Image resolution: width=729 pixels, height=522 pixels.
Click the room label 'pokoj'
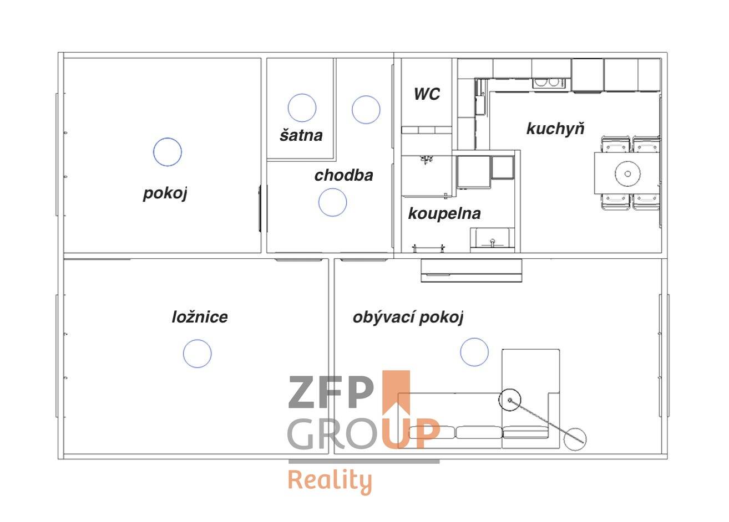click(x=165, y=194)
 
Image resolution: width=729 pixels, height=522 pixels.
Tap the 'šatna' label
click(x=301, y=135)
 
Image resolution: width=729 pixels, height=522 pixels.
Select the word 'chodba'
click(x=343, y=176)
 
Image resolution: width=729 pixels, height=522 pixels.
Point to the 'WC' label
click(x=427, y=94)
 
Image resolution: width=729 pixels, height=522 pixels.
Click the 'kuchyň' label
click(x=555, y=128)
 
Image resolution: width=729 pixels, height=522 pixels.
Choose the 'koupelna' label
click(x=444, y=214)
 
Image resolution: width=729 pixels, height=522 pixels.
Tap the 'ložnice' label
click(x=200, y=317)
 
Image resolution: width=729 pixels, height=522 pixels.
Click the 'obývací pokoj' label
click(x=408, y=317)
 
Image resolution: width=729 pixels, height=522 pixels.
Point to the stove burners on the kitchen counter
click(x=549, y=83)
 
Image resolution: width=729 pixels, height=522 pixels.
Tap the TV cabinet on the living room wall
click(x=471, y=270)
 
